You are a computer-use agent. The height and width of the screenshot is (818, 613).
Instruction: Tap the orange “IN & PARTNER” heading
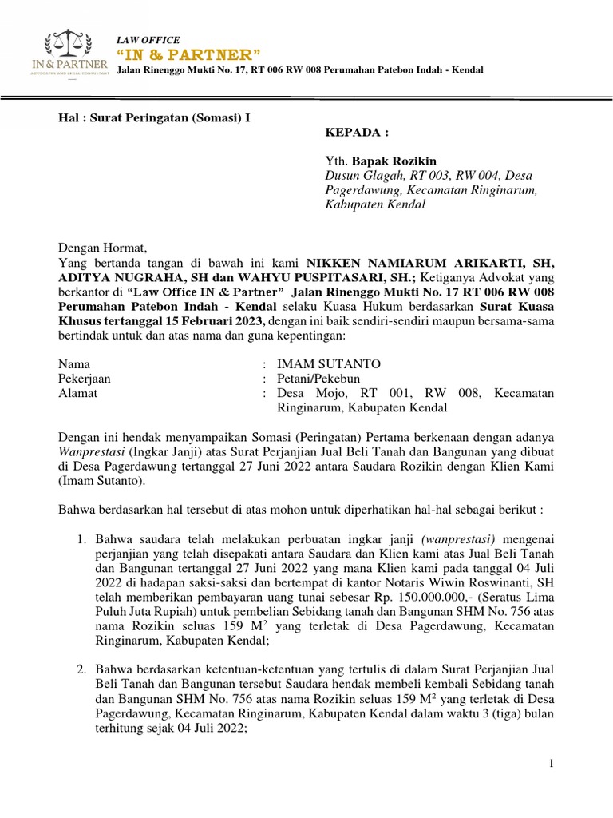pos(188,54)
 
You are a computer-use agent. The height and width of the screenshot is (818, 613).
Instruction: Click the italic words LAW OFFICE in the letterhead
pos(148,40)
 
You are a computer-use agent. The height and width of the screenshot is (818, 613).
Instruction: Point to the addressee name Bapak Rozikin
pos(403,161)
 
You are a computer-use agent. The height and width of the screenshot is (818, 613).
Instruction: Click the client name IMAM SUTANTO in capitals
pos(329,364)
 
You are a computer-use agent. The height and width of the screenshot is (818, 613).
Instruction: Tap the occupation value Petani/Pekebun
pos(318,379)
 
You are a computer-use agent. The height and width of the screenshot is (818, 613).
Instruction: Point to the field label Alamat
pos(79,393)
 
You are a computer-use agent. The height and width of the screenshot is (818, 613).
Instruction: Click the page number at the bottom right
pos(551,765)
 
